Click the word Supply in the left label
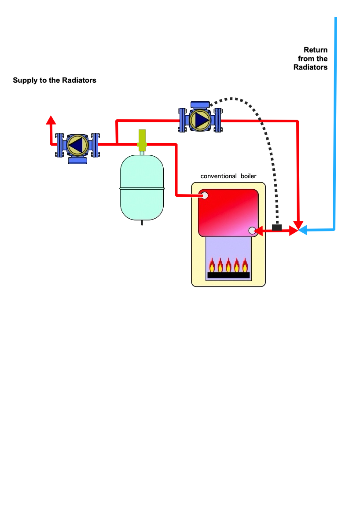pos(25,81)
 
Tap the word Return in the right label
pos(316,50)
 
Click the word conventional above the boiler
pos(218,176)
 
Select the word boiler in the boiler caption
pos(249,176)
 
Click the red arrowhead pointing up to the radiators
pos(51,120)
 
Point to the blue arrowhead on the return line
pos(303,230)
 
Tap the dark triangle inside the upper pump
pos(202,120)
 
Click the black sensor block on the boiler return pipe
pos(277,227)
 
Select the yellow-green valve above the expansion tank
pos(142,140)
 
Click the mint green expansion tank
pos(142,187)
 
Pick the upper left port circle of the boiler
pos(205,196)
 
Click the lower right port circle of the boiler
pos(252,231)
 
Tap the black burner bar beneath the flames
pos(228,275)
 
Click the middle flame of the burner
pos(228,265)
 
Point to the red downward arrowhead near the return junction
pos(298,224)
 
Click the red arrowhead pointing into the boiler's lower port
pos(259,231)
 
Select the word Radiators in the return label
pos(310,67)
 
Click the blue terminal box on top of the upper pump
pos(200,105)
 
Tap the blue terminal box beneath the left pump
pos(77,160)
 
